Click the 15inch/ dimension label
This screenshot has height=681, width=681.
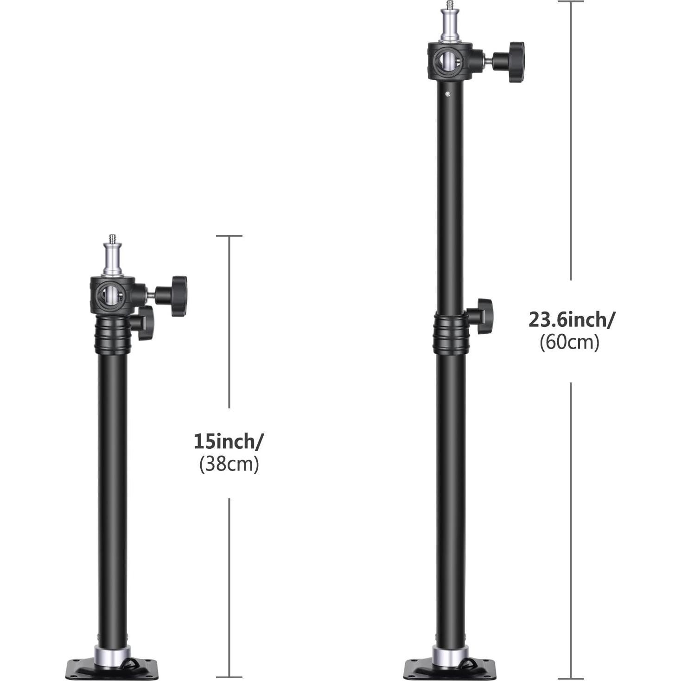tap(228, 441)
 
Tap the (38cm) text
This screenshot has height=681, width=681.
tap(229, 464)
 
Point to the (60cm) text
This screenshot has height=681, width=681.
tap(570, 343)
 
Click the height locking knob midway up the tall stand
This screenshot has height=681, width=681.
tap(482, 316)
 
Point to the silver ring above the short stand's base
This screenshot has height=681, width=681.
tap(112, 654)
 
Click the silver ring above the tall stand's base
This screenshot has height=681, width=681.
tap(449, 653)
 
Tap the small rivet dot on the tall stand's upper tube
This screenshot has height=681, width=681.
tap(448, 95)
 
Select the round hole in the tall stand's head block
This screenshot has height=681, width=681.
tap(446, 60)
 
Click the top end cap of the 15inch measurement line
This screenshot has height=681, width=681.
tap(229, 236)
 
